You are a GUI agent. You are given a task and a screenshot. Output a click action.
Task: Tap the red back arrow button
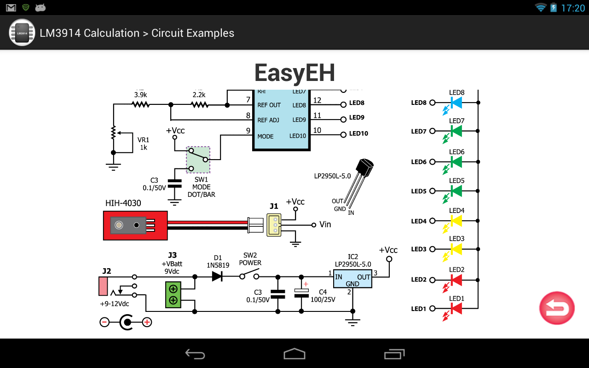click(x=557, y=308)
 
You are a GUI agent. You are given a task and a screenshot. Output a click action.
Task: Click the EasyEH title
click(x=294, y=73)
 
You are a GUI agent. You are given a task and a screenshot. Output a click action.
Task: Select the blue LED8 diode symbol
click(x=456, y=103)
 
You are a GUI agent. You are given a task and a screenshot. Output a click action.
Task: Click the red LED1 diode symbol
click(x=456, y=309)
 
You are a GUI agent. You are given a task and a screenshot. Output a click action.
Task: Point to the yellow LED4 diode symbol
click(x=456, y=221)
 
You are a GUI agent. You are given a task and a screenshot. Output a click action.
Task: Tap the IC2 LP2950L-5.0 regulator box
click(x=352, y=279)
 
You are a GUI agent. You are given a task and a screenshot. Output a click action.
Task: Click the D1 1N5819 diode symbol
click(x=217, y=276)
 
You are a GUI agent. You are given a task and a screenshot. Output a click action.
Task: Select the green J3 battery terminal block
click(x=173, y=295)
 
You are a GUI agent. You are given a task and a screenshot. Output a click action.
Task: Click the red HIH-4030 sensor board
click(x=135, y=225)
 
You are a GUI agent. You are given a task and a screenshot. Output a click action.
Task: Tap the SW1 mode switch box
click(x=198, y=160)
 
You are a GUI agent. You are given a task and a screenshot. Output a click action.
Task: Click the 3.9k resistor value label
click(x=140, y=95)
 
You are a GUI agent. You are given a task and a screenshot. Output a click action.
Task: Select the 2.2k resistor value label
click(x=199, y=95)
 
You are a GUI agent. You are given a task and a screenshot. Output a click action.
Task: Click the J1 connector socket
click(x=274, y=224)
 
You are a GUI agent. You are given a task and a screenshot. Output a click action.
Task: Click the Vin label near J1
click(x=325, y=224)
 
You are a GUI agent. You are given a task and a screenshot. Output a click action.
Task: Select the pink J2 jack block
click(x=104, y=286)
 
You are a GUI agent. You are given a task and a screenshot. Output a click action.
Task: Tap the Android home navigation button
click(x=294, y=353)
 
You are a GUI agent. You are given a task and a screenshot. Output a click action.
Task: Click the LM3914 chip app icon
click(x=22, y=33)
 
